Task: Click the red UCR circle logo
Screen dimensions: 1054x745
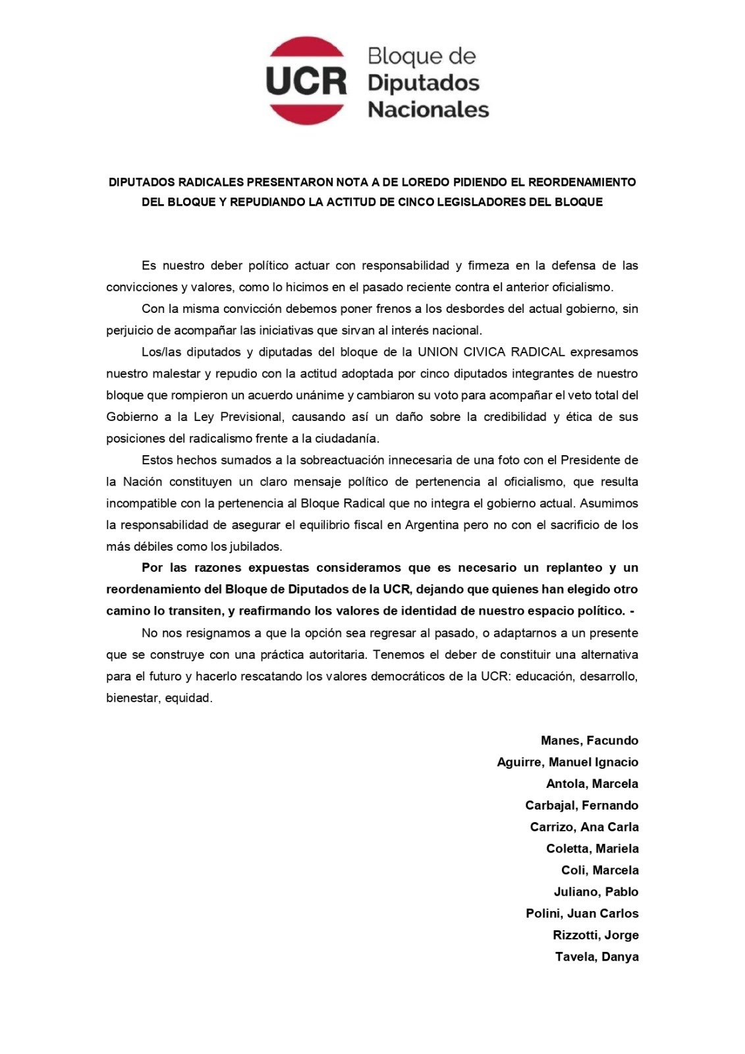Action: (306, 80)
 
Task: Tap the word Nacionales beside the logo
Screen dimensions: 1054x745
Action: (428, 109)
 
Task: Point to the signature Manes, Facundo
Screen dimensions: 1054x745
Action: (589, 740)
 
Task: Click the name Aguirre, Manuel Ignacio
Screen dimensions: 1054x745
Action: (567, 762)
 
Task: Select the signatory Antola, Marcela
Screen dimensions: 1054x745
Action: (592, 784)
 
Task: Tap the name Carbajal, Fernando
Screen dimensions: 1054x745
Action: (581, 805)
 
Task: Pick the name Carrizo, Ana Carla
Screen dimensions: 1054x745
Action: (584, 827)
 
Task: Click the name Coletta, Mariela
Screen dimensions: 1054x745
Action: (592, 848)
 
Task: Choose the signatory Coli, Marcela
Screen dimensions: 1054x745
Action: (599, 870)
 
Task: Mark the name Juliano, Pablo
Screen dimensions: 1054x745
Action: (595, 892)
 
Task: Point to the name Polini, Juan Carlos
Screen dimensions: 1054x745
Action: (582, 914)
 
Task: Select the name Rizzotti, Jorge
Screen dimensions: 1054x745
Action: (595, 935)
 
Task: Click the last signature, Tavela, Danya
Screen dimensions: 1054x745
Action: (596, 957)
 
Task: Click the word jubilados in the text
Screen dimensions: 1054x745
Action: (256, 546)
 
